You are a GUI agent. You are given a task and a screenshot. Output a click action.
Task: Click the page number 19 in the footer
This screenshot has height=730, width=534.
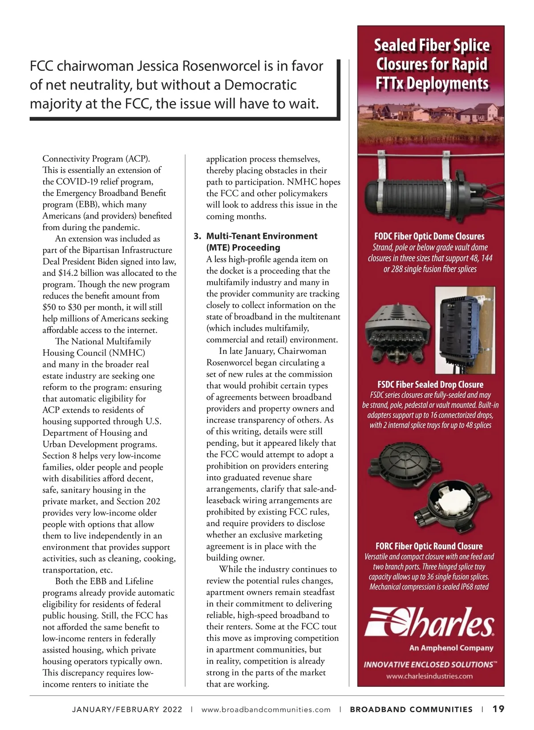[x=498, y=709]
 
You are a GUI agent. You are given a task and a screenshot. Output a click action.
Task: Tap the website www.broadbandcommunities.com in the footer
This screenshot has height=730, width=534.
[x=266, y=709]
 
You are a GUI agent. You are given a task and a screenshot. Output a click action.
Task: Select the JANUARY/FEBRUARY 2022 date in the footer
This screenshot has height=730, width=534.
[x=127, y=709]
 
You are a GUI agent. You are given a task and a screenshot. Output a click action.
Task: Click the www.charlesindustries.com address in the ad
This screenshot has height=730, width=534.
[x=429, y=676]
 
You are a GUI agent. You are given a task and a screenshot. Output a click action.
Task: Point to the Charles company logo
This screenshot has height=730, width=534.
[x=429, y=621]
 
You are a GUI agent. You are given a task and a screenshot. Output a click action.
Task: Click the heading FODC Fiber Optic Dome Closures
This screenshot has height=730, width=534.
[x=429, y=236]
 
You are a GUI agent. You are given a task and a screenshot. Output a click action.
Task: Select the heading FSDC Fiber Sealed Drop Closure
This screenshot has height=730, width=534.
[x=430, y=384]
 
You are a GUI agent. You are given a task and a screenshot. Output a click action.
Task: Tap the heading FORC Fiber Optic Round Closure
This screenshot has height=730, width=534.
[x=429, y=546]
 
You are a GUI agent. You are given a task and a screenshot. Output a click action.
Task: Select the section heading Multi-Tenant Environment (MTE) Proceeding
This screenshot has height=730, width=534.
[x=262, y=242]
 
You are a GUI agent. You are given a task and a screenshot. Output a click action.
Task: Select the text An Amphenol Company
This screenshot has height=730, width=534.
[x=451, y=648]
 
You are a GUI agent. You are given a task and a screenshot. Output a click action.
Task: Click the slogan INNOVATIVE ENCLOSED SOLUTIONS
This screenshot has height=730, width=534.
[x=429, y=664]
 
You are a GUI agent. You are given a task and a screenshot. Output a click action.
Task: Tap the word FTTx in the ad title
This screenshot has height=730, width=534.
[x=389, y=83]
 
